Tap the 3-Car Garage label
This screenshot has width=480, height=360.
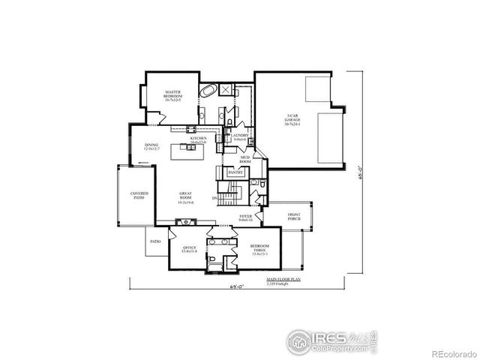tap(293, 119)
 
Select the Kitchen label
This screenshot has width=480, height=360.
tap(197, 139)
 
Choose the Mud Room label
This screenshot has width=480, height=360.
tap(244, 160)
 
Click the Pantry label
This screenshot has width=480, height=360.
tap(235, 172)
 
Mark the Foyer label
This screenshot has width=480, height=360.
tap(245, 218)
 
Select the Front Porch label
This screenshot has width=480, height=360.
tap(294, 217)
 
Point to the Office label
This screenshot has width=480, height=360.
tap(188, 250)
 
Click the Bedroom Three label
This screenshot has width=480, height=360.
tap(261, 249)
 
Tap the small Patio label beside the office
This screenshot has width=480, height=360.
tap(155, 241)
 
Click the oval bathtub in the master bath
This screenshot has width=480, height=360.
tap(208, 90)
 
